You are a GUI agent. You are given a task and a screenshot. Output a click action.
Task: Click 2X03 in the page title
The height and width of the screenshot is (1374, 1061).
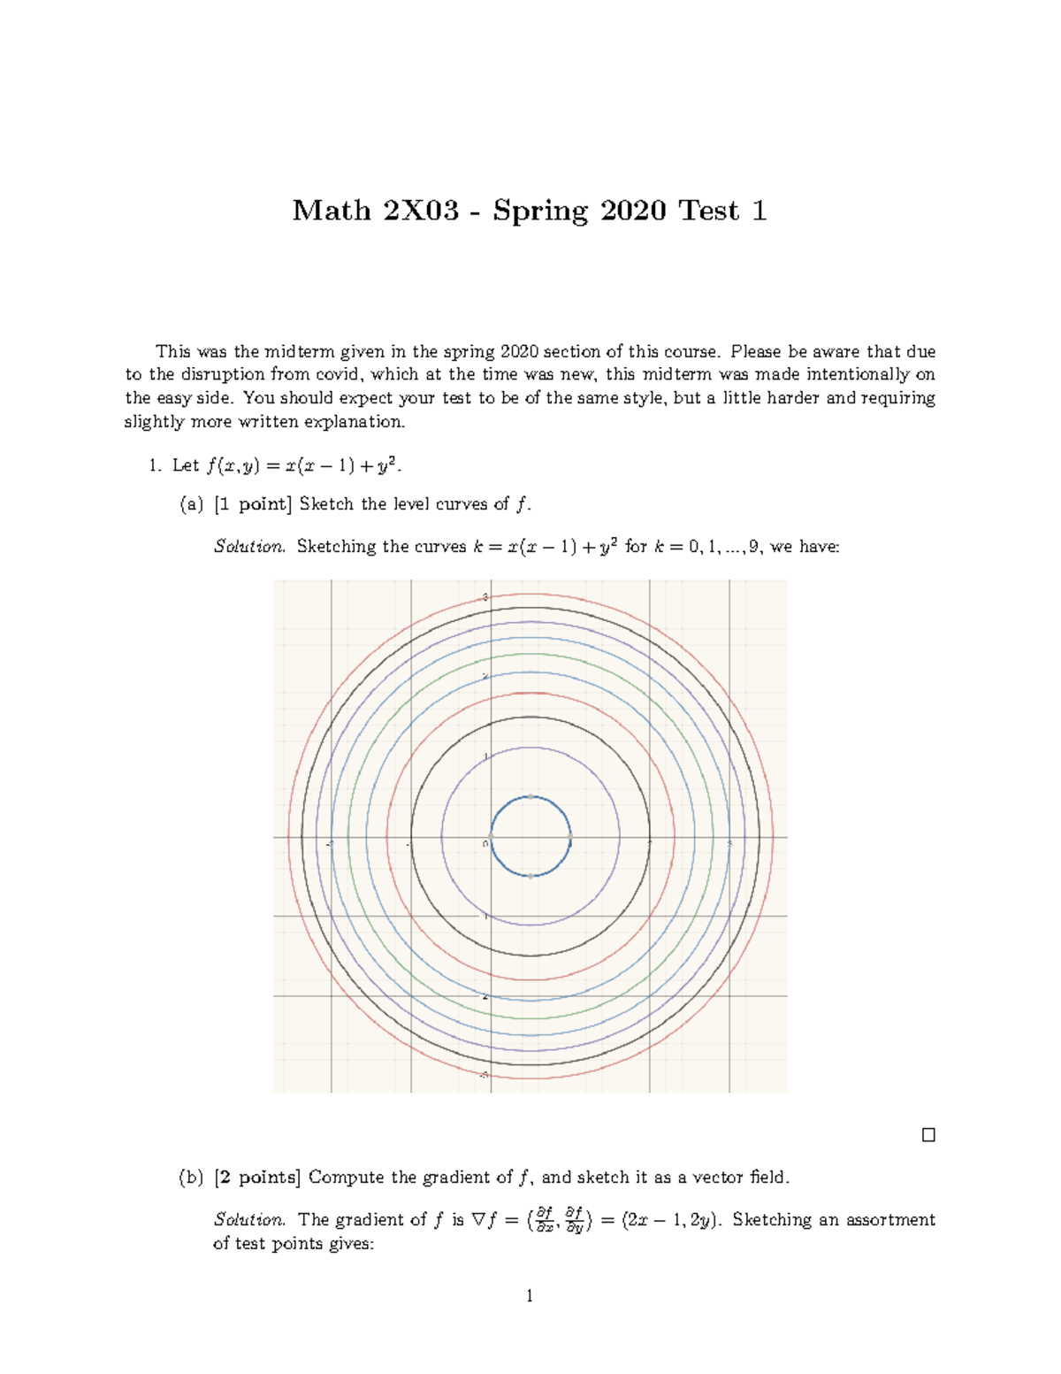coord(421,211)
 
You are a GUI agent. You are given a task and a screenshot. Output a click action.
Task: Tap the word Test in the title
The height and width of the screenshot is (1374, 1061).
coord(708,211)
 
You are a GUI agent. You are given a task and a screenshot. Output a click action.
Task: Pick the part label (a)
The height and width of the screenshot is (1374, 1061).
coord(191,504)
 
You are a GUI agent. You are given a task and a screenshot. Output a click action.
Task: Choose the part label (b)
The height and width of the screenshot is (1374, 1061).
coord(191,1178)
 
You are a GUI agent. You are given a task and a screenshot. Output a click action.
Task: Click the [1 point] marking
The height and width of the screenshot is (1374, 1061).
coord(253,504)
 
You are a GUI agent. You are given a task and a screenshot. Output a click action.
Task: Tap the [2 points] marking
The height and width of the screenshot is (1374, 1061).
coord(257,1178)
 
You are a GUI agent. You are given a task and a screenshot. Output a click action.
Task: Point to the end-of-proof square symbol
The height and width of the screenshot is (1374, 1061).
coord(928,1135)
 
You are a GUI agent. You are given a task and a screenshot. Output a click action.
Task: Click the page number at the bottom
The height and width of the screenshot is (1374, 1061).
coord(530,1296)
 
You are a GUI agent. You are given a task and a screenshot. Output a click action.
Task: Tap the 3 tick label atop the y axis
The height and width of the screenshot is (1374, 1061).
coord(485,597)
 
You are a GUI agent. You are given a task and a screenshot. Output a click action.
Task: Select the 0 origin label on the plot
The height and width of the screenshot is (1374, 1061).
coord(485,843)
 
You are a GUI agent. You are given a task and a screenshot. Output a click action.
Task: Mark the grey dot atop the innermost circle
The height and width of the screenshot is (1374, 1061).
coord(530,796)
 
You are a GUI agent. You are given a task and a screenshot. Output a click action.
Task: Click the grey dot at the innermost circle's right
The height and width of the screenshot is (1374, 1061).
coord(570,836)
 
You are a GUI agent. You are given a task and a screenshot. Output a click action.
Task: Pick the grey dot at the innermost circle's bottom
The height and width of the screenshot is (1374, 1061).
coord(530,876)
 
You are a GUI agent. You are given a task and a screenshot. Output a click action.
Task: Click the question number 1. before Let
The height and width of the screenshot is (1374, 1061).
coord(156,465)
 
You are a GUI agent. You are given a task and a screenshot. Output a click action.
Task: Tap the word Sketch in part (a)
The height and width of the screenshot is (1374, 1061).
coord(326,504)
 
